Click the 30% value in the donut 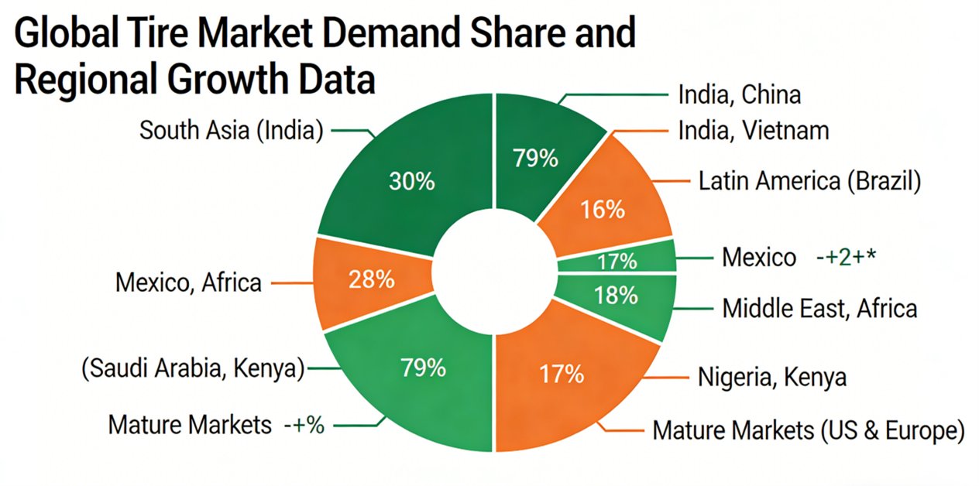click(x=411, y=183)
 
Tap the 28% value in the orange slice click(x=371, y=279)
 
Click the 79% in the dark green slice click(x=535, y=158)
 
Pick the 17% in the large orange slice click(x=562, y=375)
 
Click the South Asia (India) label click(x=231, y=130)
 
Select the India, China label click(x=739, y=94)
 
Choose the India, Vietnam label click(x=754, y=130)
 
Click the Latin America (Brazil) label click(x=809, y=182)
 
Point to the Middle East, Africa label click(x=819, y=308)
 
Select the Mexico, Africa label click(x=188, y=282)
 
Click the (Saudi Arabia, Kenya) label click(x=192, y=369)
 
